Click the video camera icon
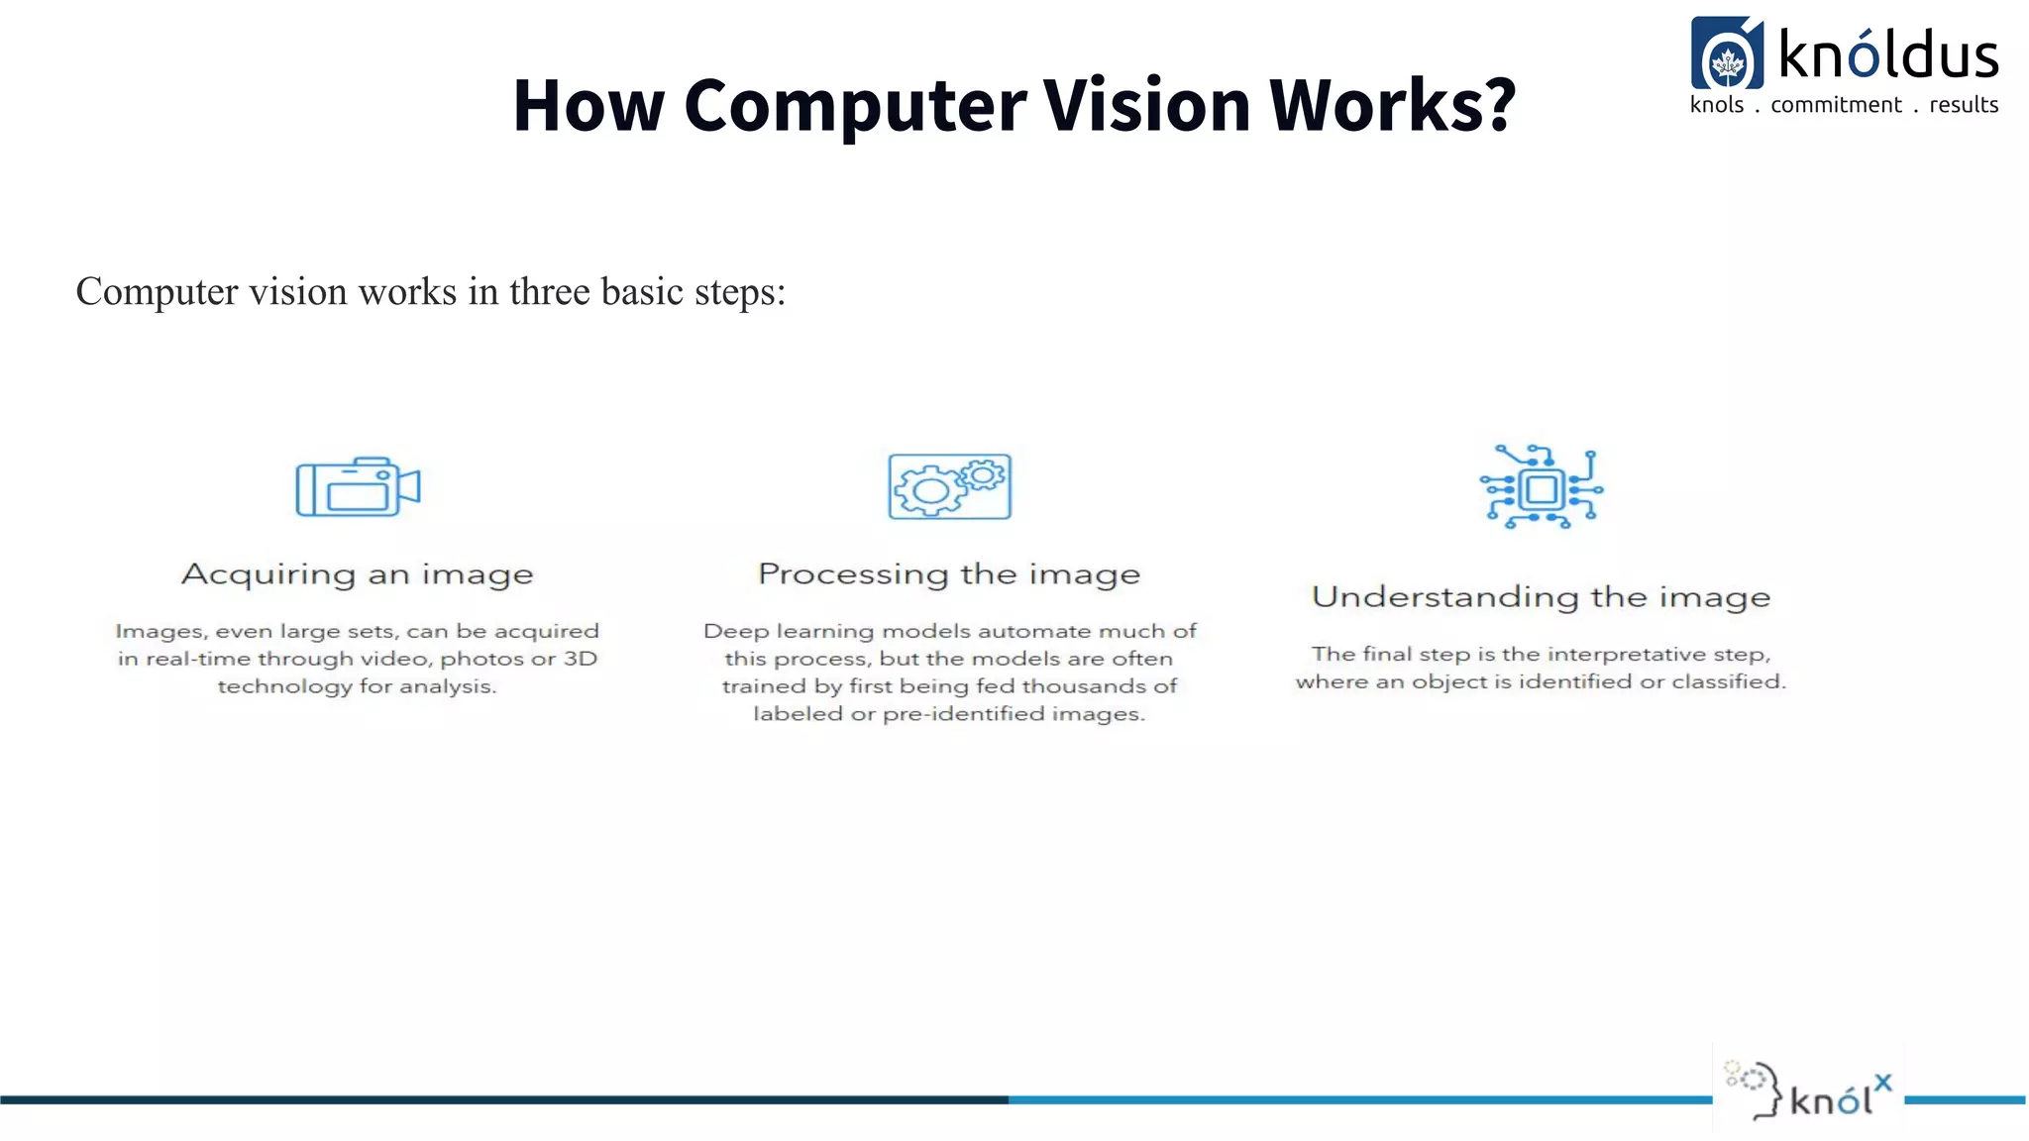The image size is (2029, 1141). coord(358,486)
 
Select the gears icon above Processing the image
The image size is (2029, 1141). coord(949,486)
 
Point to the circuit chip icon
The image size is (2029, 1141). coord(1541,486)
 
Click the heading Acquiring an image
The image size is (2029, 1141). coord(357,574)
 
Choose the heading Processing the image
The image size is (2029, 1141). coord(949,574)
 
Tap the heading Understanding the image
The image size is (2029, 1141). coord(1541,597)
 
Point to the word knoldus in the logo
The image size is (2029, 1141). coord(1888,55)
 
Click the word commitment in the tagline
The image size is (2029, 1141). coord(1836,105)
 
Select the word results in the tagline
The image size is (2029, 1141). coord(1964,105)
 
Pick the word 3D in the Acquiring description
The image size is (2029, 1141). coord(581,659)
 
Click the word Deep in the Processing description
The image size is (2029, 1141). coord(736,632)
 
